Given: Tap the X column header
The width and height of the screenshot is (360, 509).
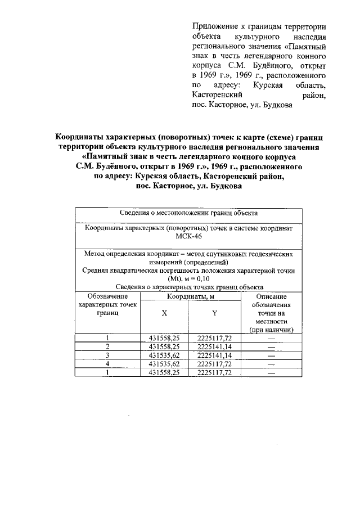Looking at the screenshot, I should pos(164,313).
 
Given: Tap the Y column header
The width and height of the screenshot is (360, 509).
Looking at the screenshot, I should pos(214,313).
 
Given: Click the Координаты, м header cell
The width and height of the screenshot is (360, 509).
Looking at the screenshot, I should pos(189,296).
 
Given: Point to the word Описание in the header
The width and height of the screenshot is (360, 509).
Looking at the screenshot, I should pos(271,296).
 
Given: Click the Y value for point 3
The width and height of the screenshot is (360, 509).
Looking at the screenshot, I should pos(214,355).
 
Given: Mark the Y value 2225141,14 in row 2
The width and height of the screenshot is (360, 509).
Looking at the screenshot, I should pos(214,346).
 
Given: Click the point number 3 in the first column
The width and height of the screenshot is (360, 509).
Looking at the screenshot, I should pos(107,355).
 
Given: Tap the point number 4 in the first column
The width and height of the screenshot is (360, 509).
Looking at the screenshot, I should pos(107,364).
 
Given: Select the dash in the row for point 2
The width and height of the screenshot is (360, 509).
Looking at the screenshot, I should pos(271,346).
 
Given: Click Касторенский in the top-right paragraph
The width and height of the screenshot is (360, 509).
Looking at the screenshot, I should pos(218,96).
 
